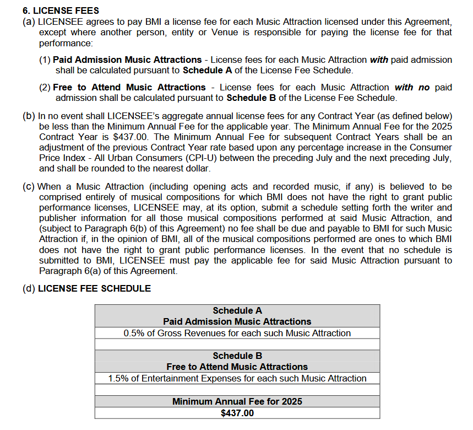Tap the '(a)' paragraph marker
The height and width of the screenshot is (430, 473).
[29, 22]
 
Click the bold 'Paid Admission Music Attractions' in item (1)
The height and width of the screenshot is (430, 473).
[127, 60]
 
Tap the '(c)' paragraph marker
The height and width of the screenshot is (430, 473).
[29, 186]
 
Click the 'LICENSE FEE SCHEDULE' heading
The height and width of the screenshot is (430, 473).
[94, 288]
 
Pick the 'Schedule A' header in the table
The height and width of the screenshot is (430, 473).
[237, 310]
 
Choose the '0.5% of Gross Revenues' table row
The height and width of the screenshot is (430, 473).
[237, 333]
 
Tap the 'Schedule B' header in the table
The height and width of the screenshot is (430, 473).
[237, 356]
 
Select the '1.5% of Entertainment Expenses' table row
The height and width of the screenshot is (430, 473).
[237, 378]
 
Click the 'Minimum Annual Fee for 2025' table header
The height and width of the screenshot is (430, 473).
[237, 401]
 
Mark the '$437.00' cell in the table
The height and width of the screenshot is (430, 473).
[237, 413]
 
